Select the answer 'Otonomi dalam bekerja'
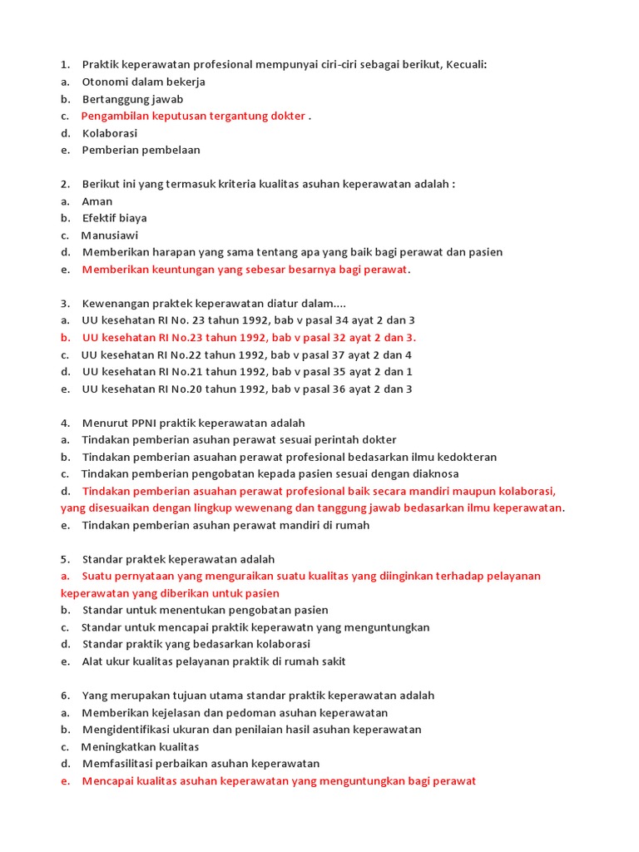(143, 82)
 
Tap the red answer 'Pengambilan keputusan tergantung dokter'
(193, 116)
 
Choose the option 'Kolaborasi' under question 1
(109, 133)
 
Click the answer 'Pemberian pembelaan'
(141, 151)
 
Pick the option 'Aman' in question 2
(97, 201)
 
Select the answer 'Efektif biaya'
(114, 218)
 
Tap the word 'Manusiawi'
(110, 235)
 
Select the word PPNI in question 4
(145, 423)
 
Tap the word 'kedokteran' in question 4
(468, 457)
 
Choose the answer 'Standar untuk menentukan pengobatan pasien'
(205, 610)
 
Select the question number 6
(64, 696)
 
